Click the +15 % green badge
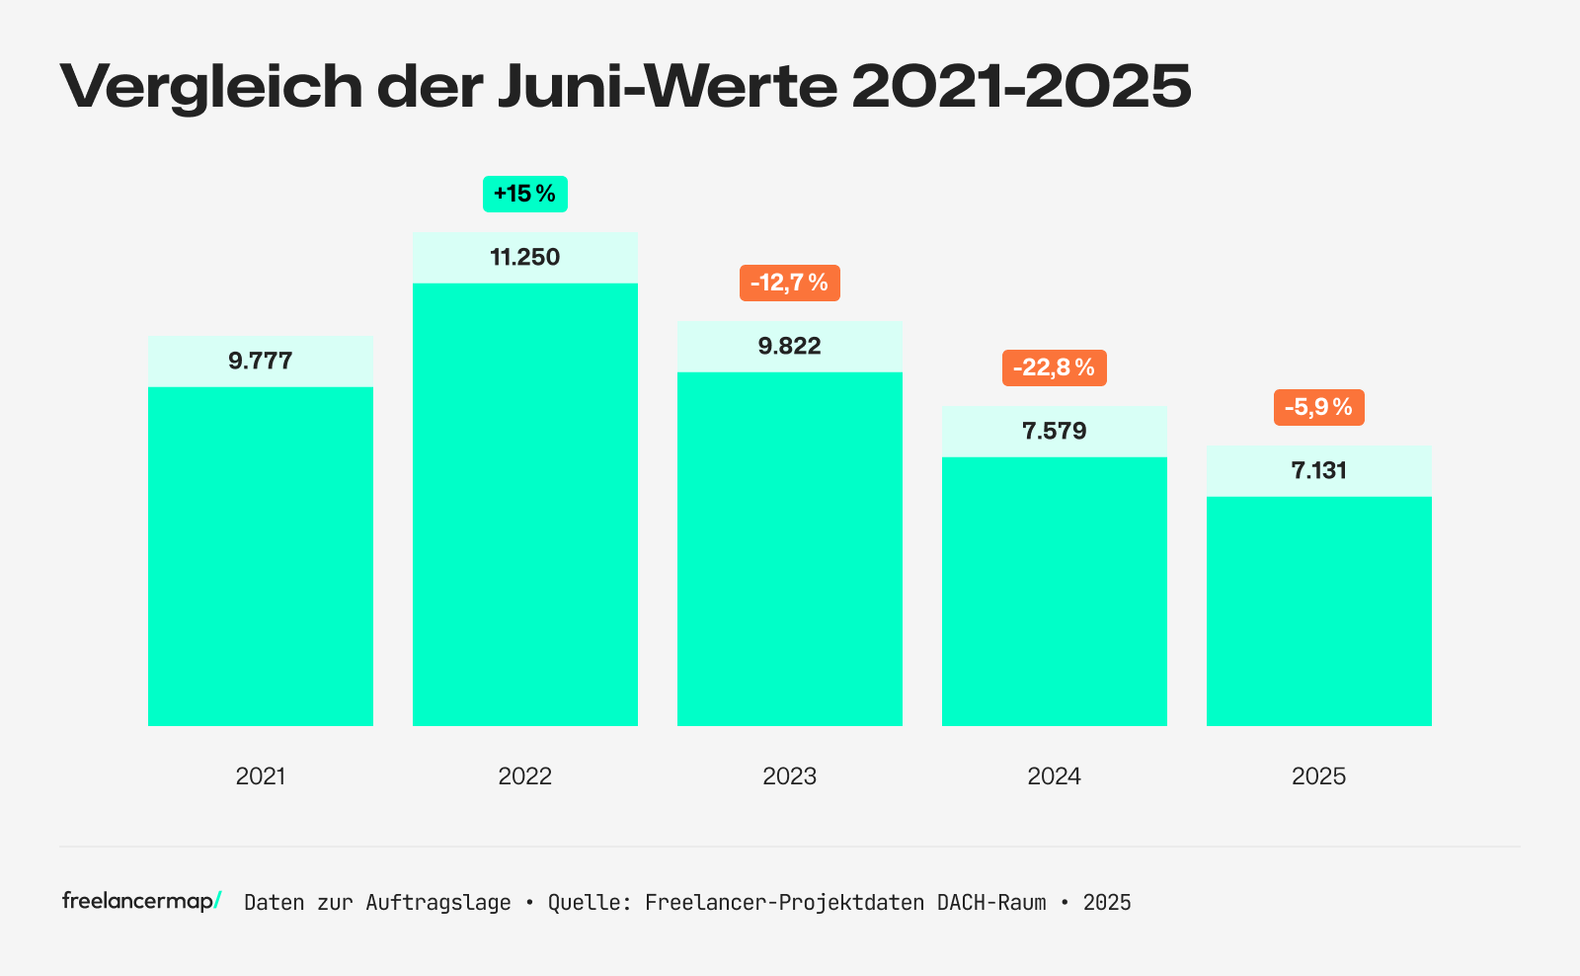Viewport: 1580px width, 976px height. (x=524, y=194)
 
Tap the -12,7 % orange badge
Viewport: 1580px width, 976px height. (x=789, y=284)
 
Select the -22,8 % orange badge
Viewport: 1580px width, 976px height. (x=1054, y=368)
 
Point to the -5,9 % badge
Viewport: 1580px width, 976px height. (x=1318, y=407)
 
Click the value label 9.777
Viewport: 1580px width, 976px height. (x=261, y=361)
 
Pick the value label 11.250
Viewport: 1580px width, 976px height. (x=524, y=258)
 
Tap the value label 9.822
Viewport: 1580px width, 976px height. (x=789, y=347)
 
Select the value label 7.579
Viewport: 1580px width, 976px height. (x=1054, y=432)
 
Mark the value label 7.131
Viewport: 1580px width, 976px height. (x=1318, y=471)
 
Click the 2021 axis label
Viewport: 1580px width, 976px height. (x=261, y=776)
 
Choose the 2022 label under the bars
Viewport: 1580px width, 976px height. (x=524, y=776)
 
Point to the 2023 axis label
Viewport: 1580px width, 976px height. (x=789, y=776)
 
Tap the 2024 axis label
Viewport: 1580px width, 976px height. (x=1054, y=776)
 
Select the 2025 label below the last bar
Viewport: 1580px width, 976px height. (x=1318, y=776)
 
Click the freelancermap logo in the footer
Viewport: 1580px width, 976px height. (x=141, y=901)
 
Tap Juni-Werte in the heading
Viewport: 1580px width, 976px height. (x=668, y=87)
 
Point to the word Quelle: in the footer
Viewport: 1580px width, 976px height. (x=590, y=903)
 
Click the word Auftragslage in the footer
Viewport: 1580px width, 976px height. (x=438, y=903)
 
